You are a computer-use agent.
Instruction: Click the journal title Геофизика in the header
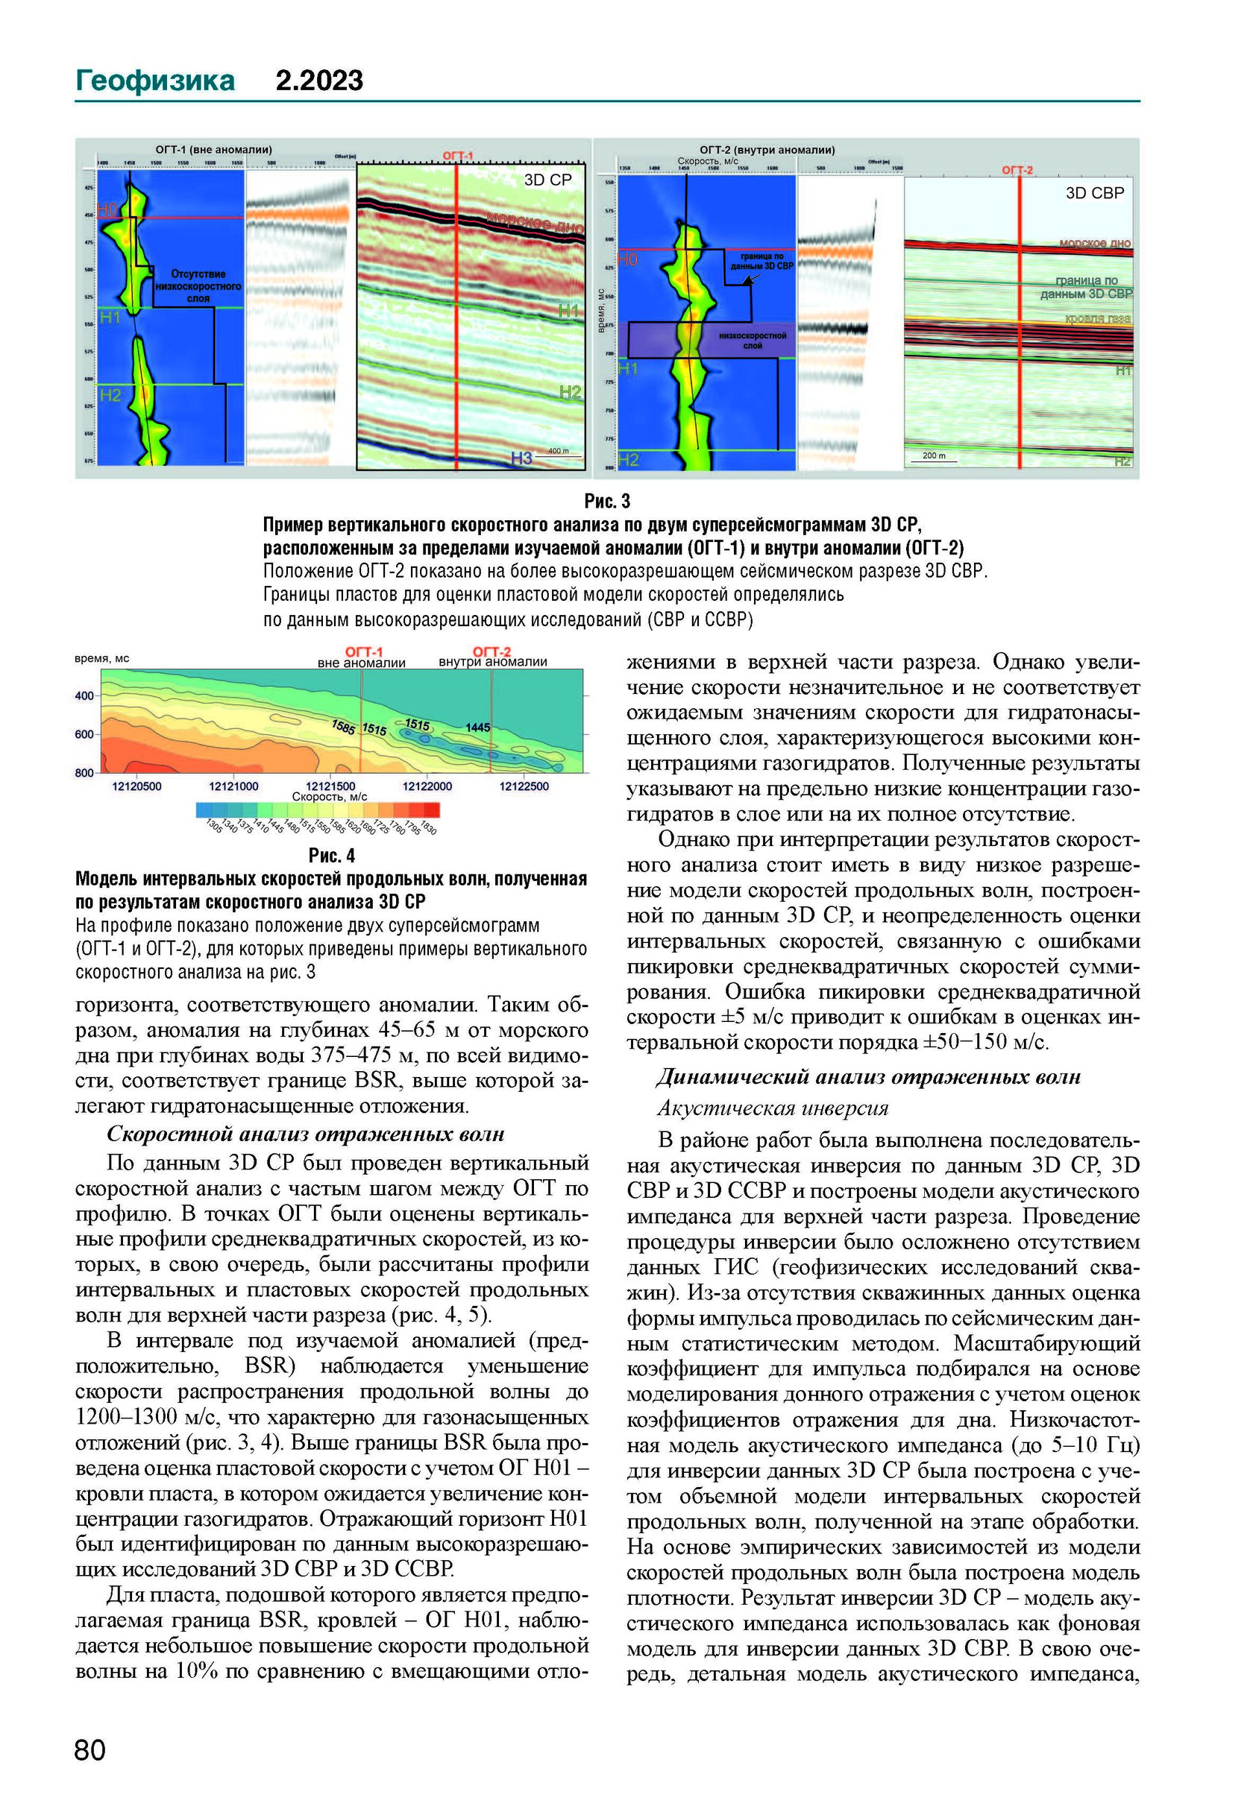[x=154, y=81]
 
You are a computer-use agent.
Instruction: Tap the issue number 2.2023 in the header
[x=318, y=81]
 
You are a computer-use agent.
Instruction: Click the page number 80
[x=89, y=1749]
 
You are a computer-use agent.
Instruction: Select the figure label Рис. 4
[x=331, y=854]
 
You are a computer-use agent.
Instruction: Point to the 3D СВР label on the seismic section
[x=1093, y=193]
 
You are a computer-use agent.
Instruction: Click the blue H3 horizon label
[x=521, y=458]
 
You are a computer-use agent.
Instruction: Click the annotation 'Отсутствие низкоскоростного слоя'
[x=198, y=285]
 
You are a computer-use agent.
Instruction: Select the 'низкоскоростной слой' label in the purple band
[x=752, y=341]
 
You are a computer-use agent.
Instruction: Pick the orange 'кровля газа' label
[x=1097, y=318]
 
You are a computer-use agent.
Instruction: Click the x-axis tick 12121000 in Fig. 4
[x=233, y=786]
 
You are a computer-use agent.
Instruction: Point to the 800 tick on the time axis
[x=84, y=773]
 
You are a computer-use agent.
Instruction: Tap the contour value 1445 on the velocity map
[x=477, y=727]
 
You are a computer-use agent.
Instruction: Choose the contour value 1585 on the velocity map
[x=343, y=727]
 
